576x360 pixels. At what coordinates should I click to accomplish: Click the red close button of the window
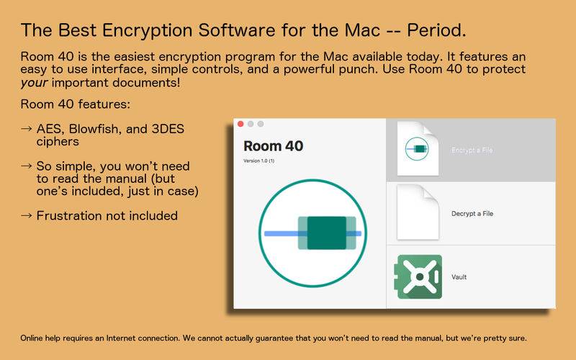(x=240, y=124)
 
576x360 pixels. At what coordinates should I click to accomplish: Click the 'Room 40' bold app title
(x=274, y=146)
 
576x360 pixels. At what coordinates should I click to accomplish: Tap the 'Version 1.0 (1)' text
(x=259, y=161)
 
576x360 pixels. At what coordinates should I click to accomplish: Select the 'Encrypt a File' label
(x=472, y=150)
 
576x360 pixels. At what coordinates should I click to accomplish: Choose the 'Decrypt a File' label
(x=472, y=213)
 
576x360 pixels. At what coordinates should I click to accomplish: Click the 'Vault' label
(x=459, y=277)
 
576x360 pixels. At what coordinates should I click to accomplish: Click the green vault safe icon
(x=418, y=276)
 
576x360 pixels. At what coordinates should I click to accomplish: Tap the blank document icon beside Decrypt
(x=418, y=212)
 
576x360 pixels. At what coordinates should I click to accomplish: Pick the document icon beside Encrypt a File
(x=418, y=149)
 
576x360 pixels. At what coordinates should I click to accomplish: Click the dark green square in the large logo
(x=327, y=233)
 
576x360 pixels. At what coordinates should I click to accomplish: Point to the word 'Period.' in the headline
(x=436, y=30)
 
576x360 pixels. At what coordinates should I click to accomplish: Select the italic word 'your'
(x=34, y=83)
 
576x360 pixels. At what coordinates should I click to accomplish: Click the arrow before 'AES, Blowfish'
(x=26, y=129)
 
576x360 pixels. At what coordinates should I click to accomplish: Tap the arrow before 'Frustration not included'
(x=26, y=215)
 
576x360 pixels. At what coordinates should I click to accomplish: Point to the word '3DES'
(x=168, y=129)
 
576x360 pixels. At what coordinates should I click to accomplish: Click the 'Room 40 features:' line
(x=76, y=104)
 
